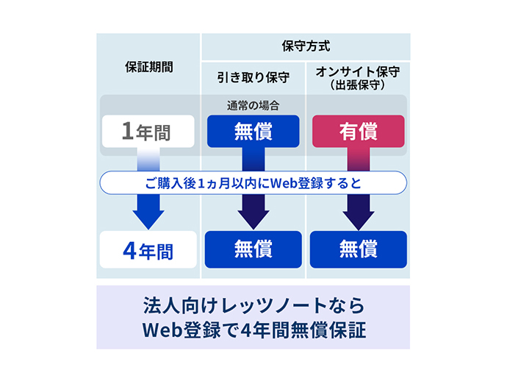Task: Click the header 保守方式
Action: (306, 46)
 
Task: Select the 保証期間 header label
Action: (149, 67)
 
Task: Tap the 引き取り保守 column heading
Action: (253, 78)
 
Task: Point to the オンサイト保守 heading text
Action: (358, 72)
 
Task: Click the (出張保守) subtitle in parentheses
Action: (358, 85)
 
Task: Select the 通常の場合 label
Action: (253, 105)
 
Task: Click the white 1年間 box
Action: (148, 132)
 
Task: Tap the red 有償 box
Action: (359, 132)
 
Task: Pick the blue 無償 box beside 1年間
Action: (253, 132)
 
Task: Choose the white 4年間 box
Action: (148, 249)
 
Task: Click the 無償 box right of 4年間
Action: (253, 249)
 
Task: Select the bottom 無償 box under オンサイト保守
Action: (359, 249)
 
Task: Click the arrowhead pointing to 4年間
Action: (148, 220)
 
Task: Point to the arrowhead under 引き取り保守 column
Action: (253, 220)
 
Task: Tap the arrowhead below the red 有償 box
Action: (359, 220)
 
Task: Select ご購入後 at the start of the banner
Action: (170, 183)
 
